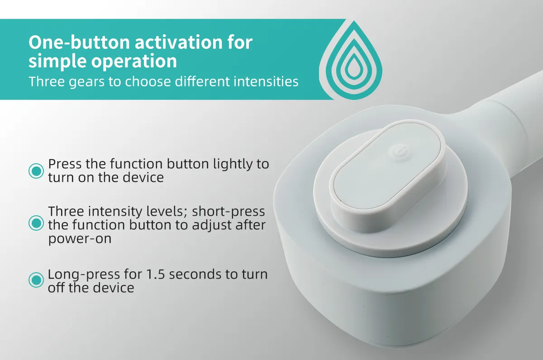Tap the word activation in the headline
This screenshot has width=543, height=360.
178,42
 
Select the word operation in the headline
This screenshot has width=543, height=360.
134,62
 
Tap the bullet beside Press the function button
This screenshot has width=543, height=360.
36,171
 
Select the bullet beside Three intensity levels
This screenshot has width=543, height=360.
36,223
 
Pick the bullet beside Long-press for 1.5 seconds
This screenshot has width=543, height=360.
36,280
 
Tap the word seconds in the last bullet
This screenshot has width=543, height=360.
195,275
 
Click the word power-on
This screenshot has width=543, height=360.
80,239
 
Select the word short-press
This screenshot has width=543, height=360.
229,212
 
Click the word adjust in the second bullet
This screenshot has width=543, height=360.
212,226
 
